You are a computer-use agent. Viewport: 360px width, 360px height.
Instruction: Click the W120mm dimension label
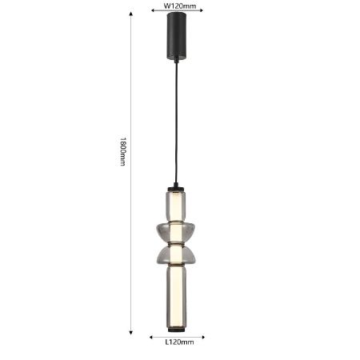[x=179, y=6]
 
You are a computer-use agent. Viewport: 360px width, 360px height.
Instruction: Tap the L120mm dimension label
[x=179, y=342]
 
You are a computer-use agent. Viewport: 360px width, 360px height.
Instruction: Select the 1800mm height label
[x=122, y=151]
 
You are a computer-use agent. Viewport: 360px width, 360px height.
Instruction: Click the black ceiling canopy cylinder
[x=176, y=36]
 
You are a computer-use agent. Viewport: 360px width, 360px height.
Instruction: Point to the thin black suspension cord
[x=176, y=122]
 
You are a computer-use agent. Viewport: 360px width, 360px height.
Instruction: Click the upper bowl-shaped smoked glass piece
[x=176, y=231]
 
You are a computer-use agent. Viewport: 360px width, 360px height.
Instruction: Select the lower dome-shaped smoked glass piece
[x=176, y=254]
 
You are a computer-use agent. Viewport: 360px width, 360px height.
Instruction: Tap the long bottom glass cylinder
[x=176, y=297]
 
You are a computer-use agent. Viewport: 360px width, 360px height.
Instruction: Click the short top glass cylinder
[x=176, y=206]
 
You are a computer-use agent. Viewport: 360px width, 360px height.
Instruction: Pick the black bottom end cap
[x=176, y=330]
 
